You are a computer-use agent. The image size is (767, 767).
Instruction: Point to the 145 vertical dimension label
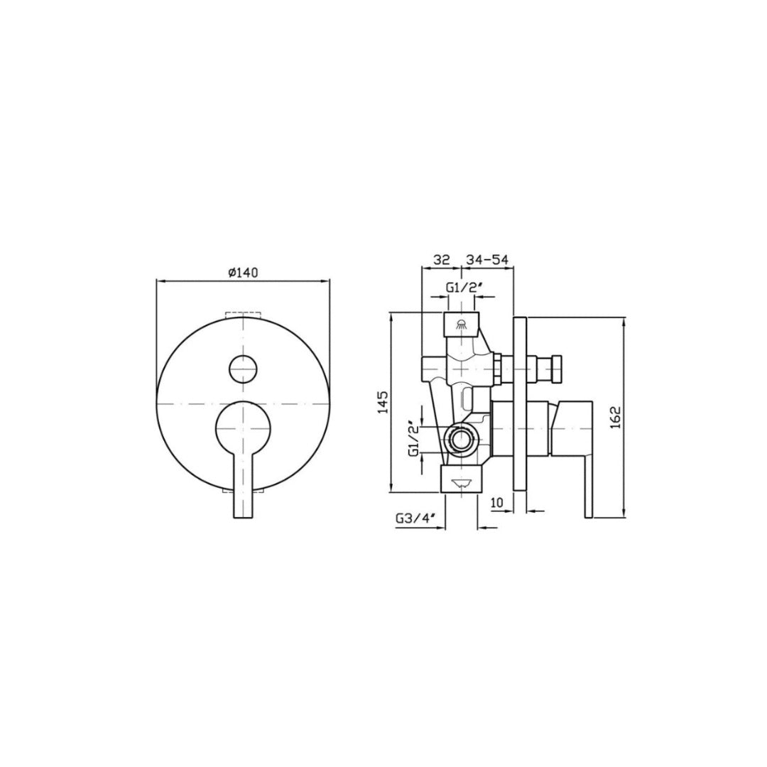coord(381,403)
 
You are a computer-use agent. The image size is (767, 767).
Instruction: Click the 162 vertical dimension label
coord(615,418)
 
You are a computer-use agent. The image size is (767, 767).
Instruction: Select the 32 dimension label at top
coord(442,260)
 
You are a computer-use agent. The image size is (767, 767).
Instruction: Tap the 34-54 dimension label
coord(487,260)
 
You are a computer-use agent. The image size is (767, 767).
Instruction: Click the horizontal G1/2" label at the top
coord(464,287)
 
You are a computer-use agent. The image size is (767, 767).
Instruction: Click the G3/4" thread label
coord(415,519)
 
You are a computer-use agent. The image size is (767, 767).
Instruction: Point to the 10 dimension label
coord(497,503)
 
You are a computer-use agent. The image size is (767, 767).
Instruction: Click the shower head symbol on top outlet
coord(462,325)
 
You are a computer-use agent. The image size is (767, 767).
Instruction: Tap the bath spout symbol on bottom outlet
coord(462,482)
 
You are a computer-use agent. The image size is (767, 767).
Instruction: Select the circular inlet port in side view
coord(462,440)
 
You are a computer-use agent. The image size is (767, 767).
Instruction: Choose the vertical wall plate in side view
coord(519,403)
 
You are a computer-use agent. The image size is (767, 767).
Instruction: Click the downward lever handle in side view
coord(587,476)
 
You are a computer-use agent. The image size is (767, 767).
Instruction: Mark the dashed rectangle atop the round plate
coord(244,315)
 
